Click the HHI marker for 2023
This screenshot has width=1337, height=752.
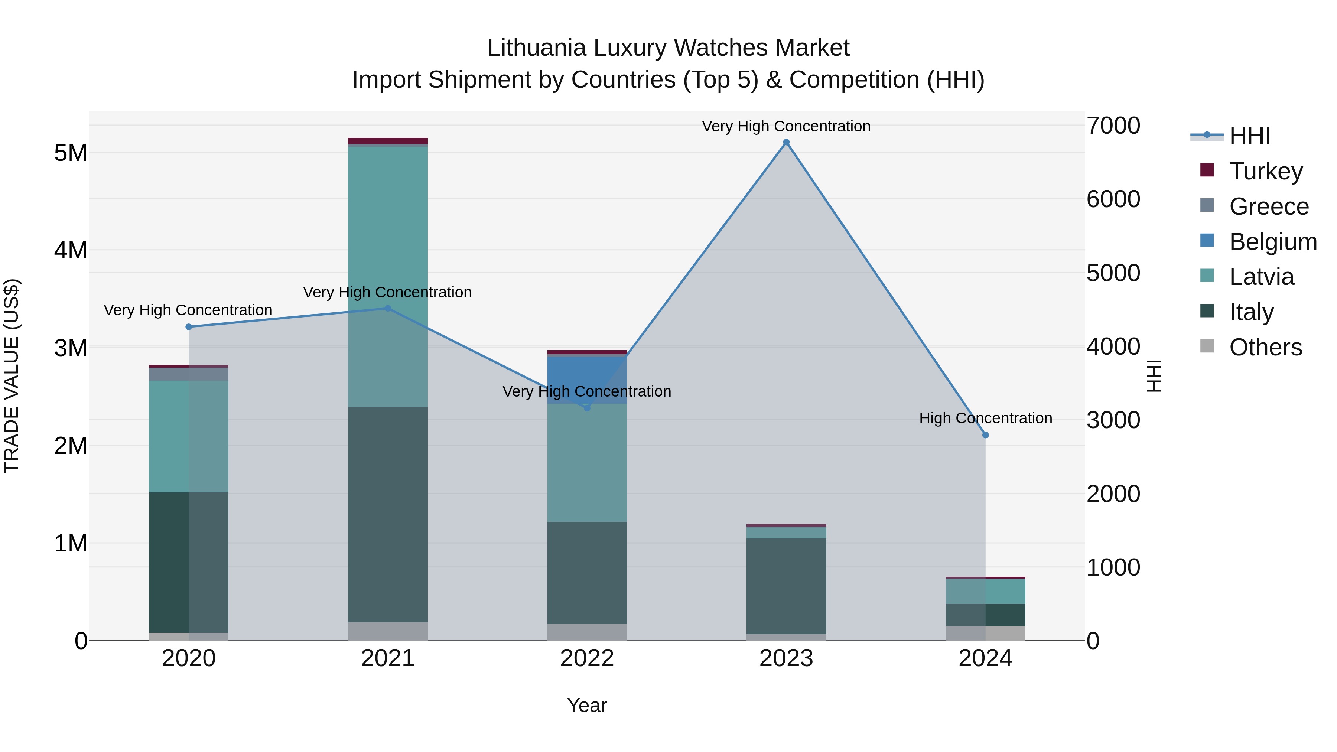point(786,142)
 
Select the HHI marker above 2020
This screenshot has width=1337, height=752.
point(189,326)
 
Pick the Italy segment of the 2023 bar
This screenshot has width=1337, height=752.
point(786,586)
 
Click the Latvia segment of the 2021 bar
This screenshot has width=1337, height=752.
point(388,276)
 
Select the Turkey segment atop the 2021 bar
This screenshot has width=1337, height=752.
point(388,141)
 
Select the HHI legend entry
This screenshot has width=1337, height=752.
point(1249,136)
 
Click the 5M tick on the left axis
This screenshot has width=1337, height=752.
point(71,153)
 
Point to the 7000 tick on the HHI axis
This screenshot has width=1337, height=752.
point(1113,126)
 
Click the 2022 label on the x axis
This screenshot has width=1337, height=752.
point(587,658)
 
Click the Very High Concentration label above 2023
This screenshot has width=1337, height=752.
point(786,126)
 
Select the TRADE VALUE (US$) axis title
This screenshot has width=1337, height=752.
point(12,376)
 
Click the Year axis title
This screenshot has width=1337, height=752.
point(587,705)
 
